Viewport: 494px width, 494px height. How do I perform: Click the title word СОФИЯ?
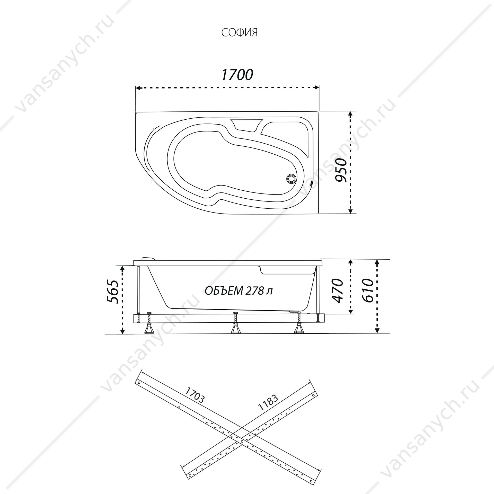click(239, 33)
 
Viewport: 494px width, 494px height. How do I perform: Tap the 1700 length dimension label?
click(237, 75)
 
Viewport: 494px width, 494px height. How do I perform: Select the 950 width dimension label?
click(342, 170)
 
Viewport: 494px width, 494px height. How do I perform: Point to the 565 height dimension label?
click(112, 291)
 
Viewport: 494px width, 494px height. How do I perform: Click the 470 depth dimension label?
click(337, 290)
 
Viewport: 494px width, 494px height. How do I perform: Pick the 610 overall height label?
click(367, 290)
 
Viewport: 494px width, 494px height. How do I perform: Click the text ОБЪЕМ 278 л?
click(239, 291)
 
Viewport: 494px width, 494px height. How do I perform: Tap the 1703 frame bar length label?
click(195, 402)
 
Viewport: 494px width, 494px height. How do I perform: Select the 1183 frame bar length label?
click(268, 402)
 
